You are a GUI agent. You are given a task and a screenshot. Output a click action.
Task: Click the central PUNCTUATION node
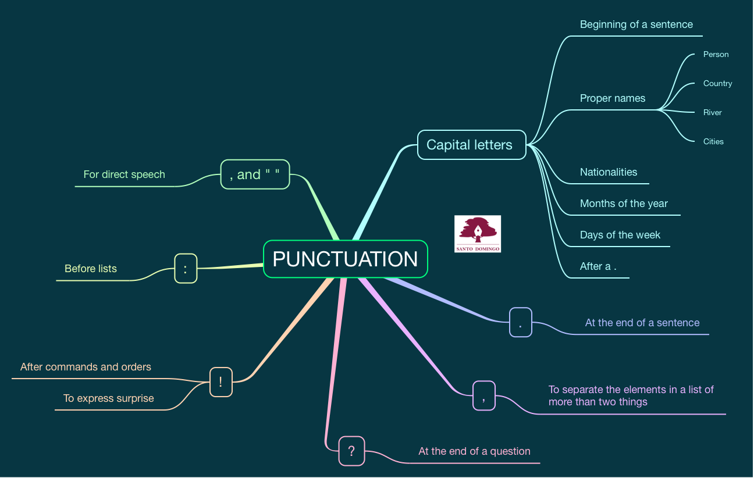[x=345, y=259]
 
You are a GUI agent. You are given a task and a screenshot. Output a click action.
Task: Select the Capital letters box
[x=471, y=145]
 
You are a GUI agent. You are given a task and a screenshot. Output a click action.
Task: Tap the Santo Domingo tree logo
[x=478, y=234]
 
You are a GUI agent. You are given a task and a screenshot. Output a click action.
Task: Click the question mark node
[x=351, y=451]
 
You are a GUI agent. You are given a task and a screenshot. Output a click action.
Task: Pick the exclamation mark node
[x=220, y=382]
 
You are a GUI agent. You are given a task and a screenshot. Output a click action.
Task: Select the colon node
[x=186, y=269]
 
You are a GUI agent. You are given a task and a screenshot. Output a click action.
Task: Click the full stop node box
[x=520, y=323]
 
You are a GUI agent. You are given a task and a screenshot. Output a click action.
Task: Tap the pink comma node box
[x=483, y=395]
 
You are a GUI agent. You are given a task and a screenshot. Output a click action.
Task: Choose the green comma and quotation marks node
[x=255, y=174]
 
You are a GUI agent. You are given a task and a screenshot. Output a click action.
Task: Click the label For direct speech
[x=124, y=174]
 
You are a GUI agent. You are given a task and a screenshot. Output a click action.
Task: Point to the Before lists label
[x=91, y=269]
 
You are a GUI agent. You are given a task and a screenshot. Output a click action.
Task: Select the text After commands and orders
[x=86, y=367]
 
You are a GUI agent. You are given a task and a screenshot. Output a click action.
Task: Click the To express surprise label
[x=109, y=398]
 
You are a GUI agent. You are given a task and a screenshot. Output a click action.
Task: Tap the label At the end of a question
[x=474, y=451]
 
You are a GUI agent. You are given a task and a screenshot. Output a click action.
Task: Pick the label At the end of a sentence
[x=642, y=323]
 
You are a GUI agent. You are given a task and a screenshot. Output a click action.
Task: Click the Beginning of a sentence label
[x=636, y=24]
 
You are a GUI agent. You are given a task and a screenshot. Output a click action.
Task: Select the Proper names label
[x=613, y=98]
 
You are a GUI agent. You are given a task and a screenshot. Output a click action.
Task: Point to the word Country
[x=717, y=83]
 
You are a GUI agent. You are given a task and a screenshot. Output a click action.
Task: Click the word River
[x=712, y=112]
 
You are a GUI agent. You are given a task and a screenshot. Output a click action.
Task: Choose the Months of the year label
[x=624, y=204]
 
